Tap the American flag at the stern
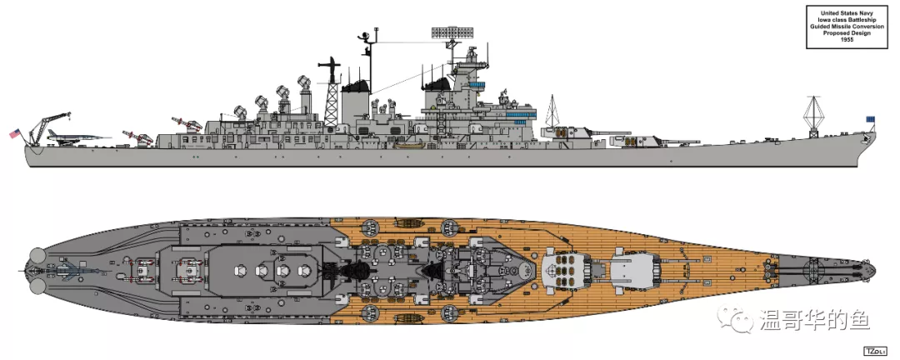(x=14, y=134)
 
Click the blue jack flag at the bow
(x=872, y=119)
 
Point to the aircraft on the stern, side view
(x=78, y=136)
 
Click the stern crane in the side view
(x=48, y=127)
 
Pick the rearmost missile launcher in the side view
(x=137, y=137)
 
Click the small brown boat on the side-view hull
(x=408, y=144)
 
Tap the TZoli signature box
(x=875, y=350)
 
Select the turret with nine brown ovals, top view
(x=565, y=268)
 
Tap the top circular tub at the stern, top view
(x=37, y=254)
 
